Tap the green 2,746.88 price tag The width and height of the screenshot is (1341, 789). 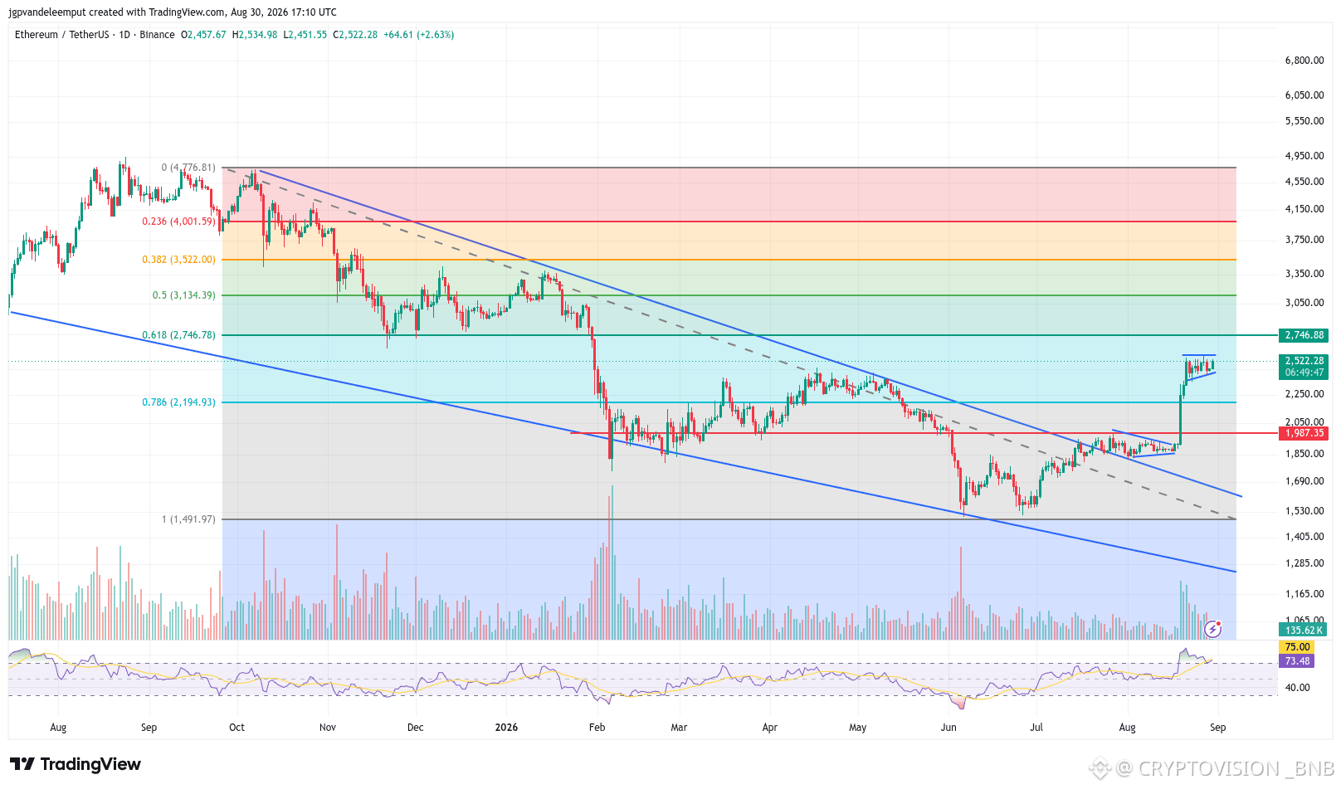[1304, 335]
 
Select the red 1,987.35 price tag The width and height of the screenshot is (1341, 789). [1304, 433]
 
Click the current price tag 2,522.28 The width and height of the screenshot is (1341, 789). [1304, 360]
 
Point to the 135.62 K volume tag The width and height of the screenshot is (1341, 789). [1304, 630]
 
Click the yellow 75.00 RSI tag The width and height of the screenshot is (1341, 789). [1296, 647]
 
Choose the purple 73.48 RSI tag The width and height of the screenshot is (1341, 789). [1296, 661]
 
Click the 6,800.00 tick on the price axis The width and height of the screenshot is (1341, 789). [1304, 61]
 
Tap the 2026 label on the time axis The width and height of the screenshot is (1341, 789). [506, 728]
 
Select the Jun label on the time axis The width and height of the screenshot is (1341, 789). [948, 728]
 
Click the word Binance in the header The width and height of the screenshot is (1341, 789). [157, 35]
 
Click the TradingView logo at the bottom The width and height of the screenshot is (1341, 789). [76, 764]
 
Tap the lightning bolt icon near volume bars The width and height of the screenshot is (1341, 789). [1213, 629]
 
